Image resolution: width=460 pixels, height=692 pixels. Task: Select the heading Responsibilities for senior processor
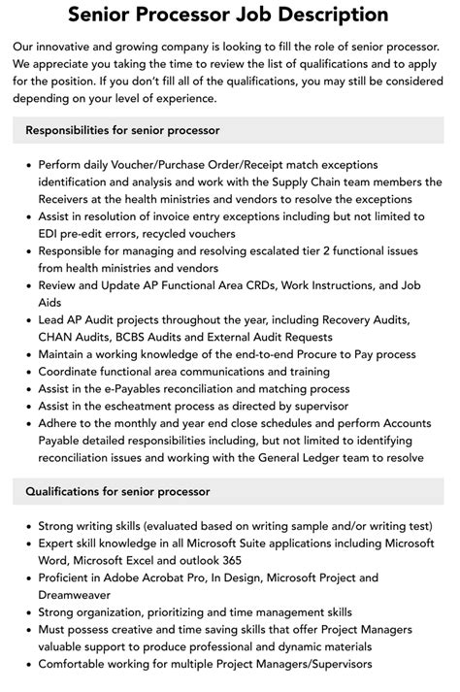coord(123,129)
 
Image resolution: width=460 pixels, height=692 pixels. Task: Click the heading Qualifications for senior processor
coord(117,491)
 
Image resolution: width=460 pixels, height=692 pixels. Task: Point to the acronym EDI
coord(51,234)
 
